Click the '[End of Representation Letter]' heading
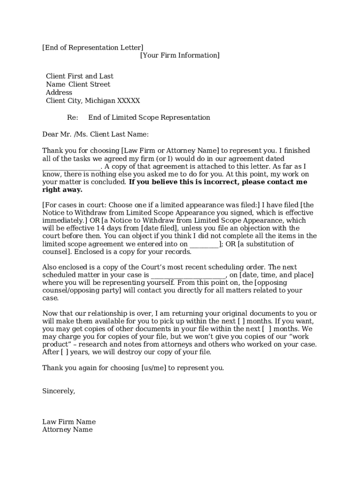tap(93, 47)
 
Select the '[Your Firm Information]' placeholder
tap(180, 55)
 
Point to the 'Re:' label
tap(72, 117)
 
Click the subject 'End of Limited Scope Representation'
tap(149, 117)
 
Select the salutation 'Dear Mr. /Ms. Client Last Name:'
tap(95, 134)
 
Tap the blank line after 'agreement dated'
tap(71, 167)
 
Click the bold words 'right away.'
tap(62, 189)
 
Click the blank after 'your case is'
tap(188, 275)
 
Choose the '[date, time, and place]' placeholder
tap(276, 275)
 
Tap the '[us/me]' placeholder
tap(154, 368)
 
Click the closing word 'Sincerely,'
tap(58, 391)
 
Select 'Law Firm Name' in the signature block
tap(69, 422)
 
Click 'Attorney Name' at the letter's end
tap(67, 429)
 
